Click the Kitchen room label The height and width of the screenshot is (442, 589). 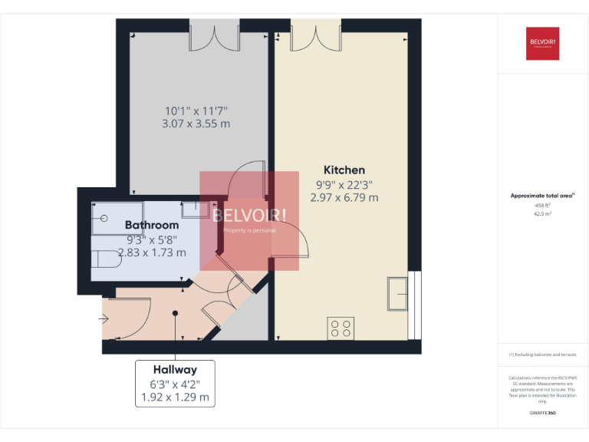344,170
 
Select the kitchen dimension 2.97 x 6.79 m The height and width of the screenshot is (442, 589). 344,197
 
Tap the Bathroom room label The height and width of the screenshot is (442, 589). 152,225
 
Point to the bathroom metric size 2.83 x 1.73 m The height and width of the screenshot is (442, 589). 152,252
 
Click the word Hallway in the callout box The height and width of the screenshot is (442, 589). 175,370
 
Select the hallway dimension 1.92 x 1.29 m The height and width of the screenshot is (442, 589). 175,397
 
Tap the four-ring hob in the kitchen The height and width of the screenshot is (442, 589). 341,328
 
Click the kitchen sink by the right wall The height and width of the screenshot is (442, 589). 398,294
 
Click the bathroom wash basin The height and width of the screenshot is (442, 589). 192,209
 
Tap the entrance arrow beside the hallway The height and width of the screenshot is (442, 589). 105,319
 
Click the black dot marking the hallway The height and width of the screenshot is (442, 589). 175,313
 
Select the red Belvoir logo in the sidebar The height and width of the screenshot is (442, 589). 542,43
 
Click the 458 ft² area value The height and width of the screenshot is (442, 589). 542,206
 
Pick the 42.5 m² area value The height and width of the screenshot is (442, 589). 542,214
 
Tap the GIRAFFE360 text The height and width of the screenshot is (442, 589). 542,413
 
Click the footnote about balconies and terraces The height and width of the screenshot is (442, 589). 542,355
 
